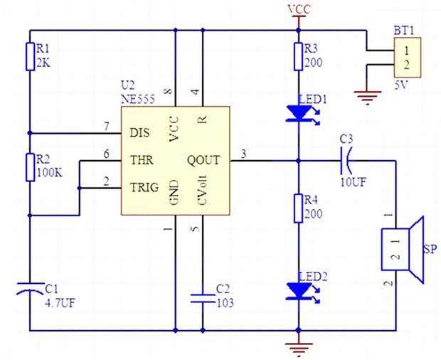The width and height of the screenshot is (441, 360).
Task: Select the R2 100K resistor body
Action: pyautogui.click(x=31, y=166)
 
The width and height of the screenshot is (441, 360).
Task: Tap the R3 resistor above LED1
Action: pyautogui.click(x=299, y=56)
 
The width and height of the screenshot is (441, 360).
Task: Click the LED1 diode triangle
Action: pyautogui.click(x=298, y=112)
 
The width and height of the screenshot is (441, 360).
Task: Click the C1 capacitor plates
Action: pyautogui.click(x=31, y=287)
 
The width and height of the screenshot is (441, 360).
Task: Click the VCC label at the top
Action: pyautogui.click(x=298, y=9)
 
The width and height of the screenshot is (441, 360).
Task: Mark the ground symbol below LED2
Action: pyautogui.click(x=299, y=348)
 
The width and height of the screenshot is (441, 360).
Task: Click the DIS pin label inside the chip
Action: pyautogui.click(x=140, y=132)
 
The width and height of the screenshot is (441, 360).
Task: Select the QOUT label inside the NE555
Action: pyautogui.click(x=203, y=160)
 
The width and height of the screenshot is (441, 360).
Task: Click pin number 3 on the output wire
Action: pyautogui.click(x=244, y=154)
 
